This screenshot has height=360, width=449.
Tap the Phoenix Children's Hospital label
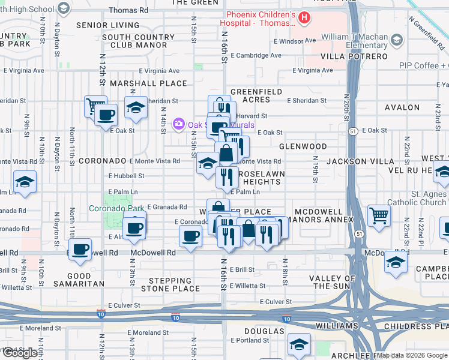261,19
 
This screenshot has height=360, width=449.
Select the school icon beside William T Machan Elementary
396,40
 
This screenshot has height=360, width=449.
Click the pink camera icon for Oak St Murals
178,124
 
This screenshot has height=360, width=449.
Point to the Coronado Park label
116,209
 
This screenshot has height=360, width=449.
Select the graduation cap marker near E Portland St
298,344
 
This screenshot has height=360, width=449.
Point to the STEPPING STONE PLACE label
170,284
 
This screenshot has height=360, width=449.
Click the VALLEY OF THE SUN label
338,283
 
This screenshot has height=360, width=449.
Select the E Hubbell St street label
126,176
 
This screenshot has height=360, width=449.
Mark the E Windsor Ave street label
294,41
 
